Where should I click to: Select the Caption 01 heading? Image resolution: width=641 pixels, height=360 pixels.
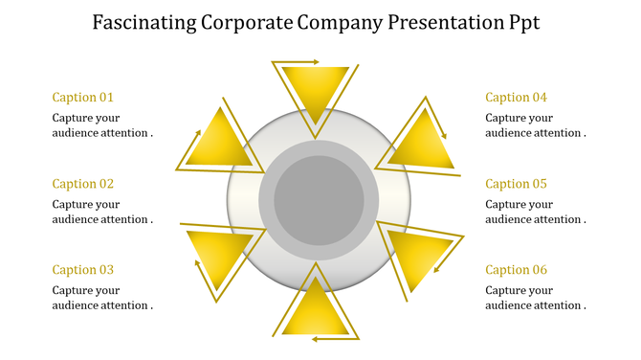click(83, 97)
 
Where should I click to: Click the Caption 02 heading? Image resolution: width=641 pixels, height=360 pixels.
click(83, 184)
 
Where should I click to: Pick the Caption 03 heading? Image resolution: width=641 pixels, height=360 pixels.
click(83, 270)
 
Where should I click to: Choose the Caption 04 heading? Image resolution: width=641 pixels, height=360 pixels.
click(516, 97)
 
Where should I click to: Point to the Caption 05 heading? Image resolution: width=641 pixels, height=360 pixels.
click(516, 184)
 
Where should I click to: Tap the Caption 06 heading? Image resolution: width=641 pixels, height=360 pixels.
click(516, 270)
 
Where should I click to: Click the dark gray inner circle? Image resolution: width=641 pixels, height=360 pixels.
click(319, 201)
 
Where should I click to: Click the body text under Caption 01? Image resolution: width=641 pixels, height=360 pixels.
click(102, 125)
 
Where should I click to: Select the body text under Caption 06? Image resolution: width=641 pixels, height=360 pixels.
click(535, 298)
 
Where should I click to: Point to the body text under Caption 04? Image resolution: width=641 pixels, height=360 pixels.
click(535, 125)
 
